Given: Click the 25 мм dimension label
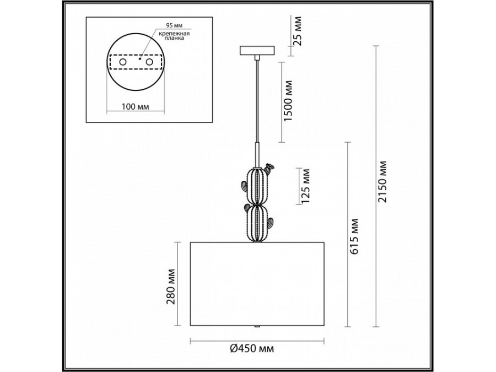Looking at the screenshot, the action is click(297, 31).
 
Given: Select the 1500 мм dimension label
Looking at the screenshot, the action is click(288, 101).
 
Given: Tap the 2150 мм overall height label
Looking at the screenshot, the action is click(383, 181).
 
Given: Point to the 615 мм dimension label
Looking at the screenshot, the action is click(355, 236).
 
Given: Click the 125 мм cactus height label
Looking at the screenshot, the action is click(305, 186).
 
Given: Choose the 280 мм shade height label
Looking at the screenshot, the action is click(171, 287).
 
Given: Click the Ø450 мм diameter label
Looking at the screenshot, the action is click(252, 349).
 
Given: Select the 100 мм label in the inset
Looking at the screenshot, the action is click(136, 106).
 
